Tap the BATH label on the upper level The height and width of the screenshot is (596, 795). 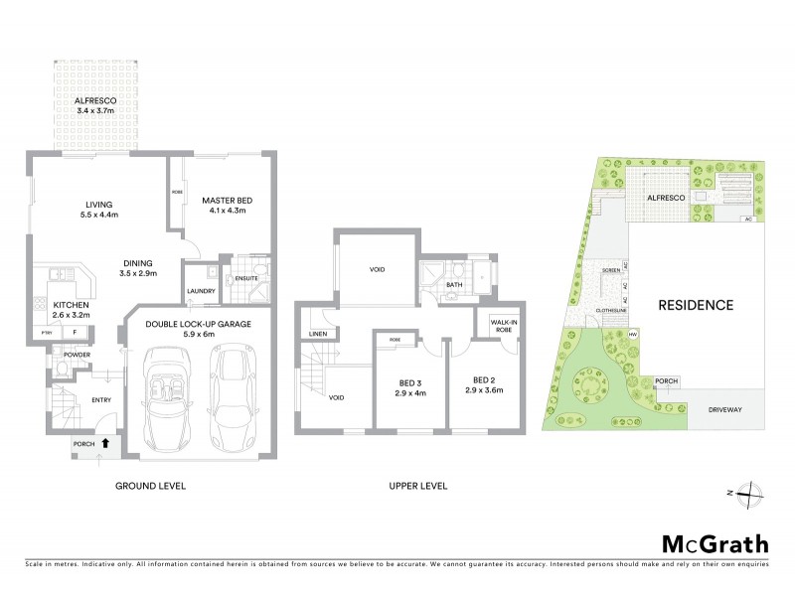tap(456, 285)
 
